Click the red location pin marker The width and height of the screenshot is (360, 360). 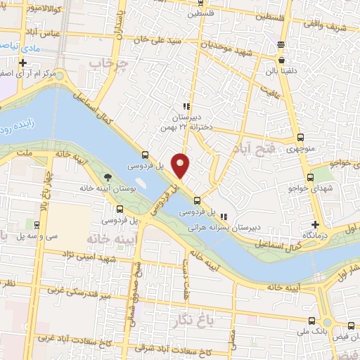coord(181,165)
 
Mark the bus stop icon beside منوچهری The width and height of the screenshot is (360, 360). coord(301,137)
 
